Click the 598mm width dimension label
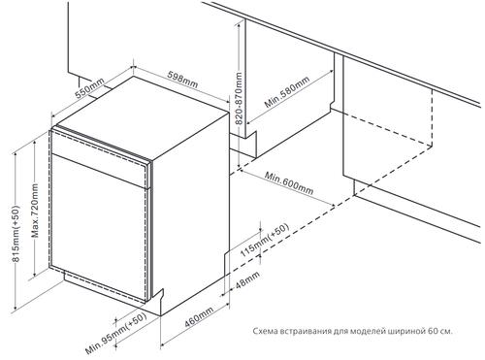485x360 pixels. (182, 80)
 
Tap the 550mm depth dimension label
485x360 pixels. (89, 88)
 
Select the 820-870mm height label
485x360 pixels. (239, 99)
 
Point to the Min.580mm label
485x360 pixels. (287, 92)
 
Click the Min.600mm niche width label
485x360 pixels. (289, 183)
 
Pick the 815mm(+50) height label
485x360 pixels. (16, 234)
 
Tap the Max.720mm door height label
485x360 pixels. (35, 211)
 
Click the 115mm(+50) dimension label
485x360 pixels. (264, 240)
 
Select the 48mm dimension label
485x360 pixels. (247, 280)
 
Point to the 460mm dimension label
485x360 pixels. (199, 317)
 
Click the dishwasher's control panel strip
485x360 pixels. (101, 156)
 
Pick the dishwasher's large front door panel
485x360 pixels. (99, 227)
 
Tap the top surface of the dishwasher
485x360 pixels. (143, 117)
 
